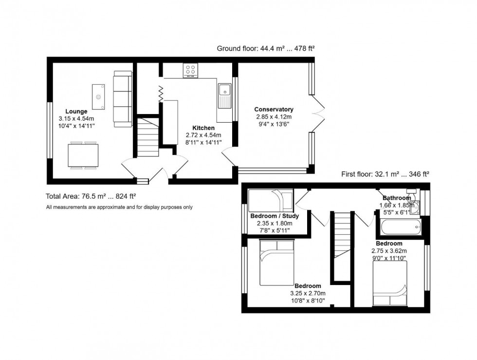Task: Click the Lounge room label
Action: point(76,111)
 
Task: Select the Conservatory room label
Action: point(274,109)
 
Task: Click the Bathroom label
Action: point(396,198)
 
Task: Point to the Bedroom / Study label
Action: point(274,216)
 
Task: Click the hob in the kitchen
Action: point(190,71)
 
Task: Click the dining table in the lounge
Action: point(83,155)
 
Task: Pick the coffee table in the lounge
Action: point(99,97)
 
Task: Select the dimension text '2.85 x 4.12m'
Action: point(274,117)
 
